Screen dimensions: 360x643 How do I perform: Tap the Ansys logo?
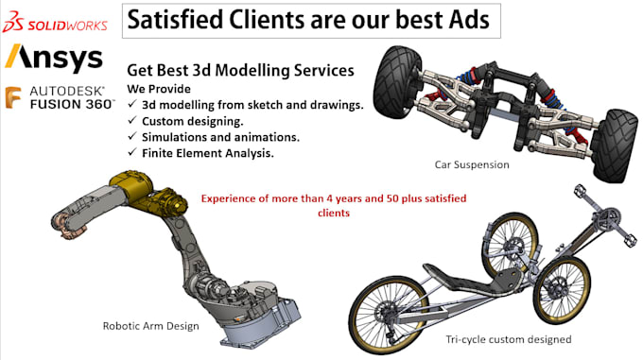coord(54,59)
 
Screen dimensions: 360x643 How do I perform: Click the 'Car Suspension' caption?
coord(471,164)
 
